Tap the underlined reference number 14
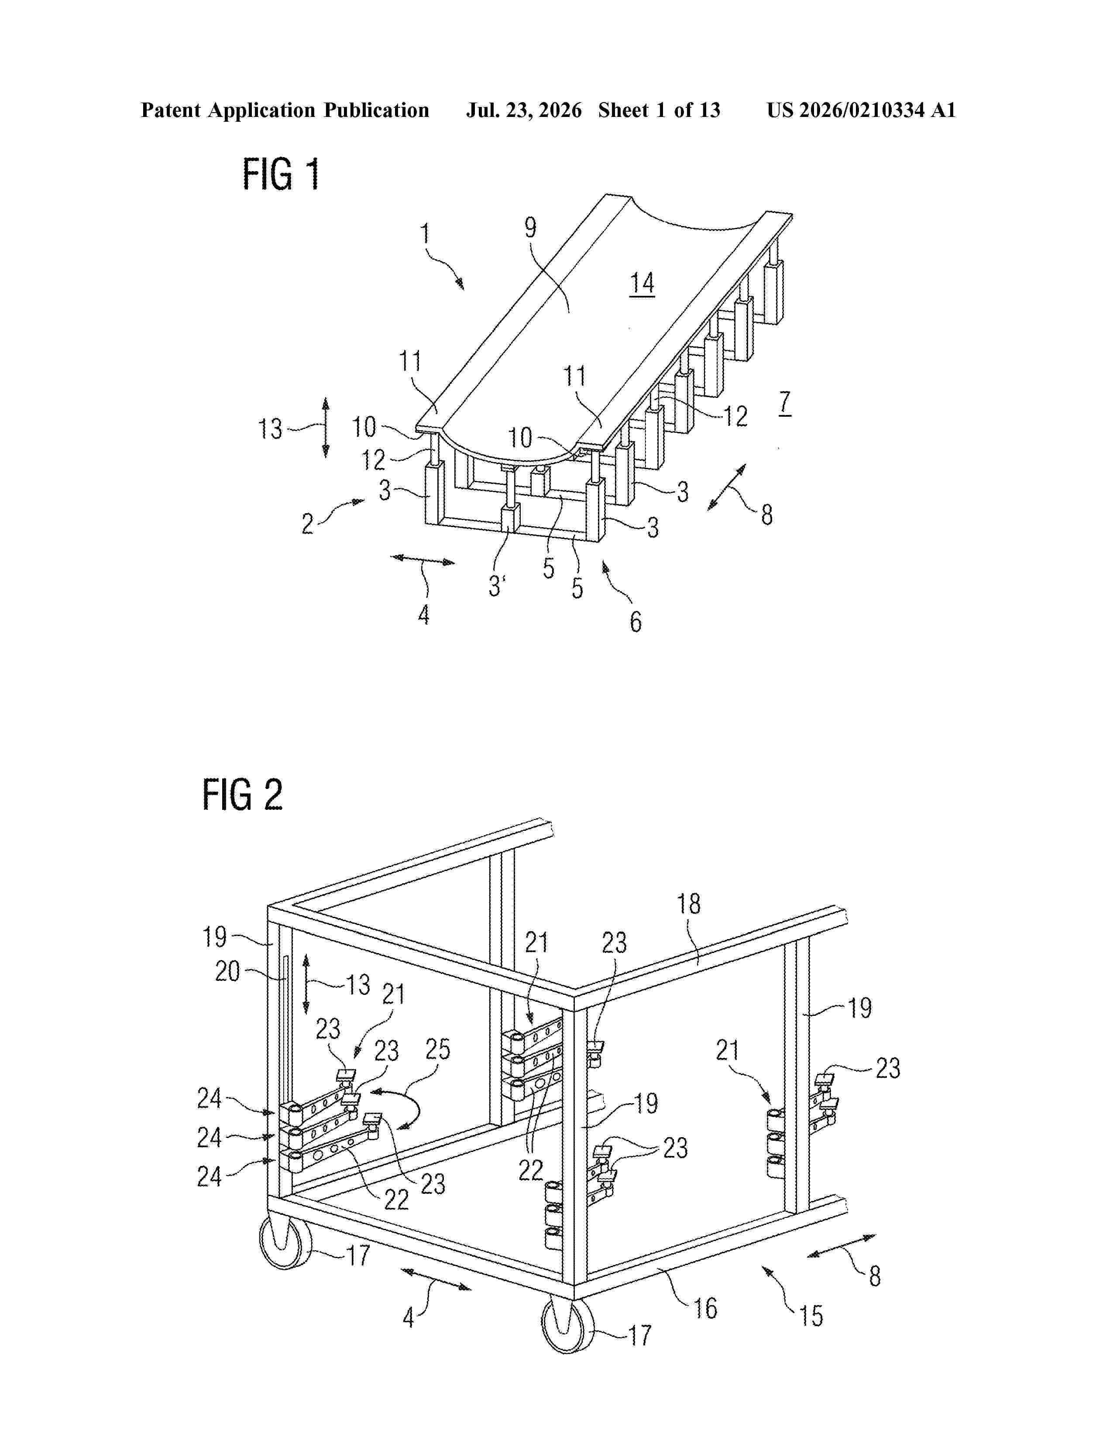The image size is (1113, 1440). [x=642, y=284]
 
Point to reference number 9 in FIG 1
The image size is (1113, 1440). [x=531, y=227]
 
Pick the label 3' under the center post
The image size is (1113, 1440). [x=497, y=586]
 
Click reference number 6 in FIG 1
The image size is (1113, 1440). [x=636, y=621]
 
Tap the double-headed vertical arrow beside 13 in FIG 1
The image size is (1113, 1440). [x=326, y=427]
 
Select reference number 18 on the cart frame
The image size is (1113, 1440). [x=688, y=904]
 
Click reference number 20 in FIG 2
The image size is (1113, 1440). [x=227, y=971]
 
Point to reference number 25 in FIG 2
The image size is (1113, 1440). [x=437, y=1049]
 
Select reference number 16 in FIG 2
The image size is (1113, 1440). [x=705, y=1308]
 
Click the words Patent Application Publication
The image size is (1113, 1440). [x=285, y=110]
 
